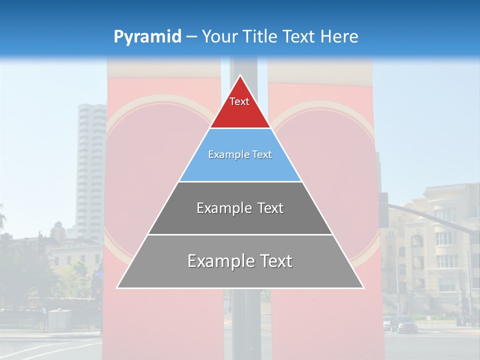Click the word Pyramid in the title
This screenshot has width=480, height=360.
click(147, 37)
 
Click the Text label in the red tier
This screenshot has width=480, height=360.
click(239, 101)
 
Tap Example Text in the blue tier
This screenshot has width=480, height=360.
click(240, 154)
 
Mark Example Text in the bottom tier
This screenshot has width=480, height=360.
click(240, 261)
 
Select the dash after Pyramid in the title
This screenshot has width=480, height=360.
click(191, 37)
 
